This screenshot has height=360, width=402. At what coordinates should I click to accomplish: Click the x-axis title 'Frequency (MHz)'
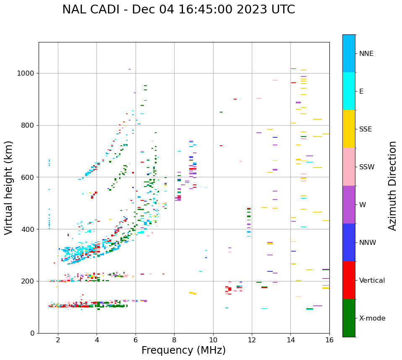pyautogui.click(x=183, y=350)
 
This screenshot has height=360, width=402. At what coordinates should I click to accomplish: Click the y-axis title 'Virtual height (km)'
pyautogui.click(x=9, y=187)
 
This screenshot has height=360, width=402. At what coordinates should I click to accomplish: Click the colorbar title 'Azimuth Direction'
pyautogui.click(x=392, y=186)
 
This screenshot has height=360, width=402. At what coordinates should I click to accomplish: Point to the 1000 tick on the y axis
pyautogui.click(x=26, y=73)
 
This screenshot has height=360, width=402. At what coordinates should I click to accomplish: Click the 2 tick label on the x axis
pyautogui.click(x=58, y=340)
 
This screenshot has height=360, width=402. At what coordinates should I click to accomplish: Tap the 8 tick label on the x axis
pyautogui.click(x=174, y=340)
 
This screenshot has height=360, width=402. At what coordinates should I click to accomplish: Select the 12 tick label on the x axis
pyautogui.click(x=252, y=340)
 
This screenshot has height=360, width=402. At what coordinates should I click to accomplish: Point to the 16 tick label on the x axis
pyautogui.click(x=329, y=340)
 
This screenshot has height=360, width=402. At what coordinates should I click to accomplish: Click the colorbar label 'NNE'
pyautogui.click(x=366, y=54)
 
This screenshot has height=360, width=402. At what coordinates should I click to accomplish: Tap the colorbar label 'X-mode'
pyautogui.click(x=372, y=318)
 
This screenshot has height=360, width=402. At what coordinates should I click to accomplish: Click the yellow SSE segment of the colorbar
pyautogui.click(x=349, y=129)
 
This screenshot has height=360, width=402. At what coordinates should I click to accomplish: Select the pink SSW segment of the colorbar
pyautogui.click(x=349, y=167)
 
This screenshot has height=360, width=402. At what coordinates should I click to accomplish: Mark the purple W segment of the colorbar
pyautogui.click(x=349, y=205)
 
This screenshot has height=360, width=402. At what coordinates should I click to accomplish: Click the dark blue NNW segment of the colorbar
pyautogui.click(x=349, y=242)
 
